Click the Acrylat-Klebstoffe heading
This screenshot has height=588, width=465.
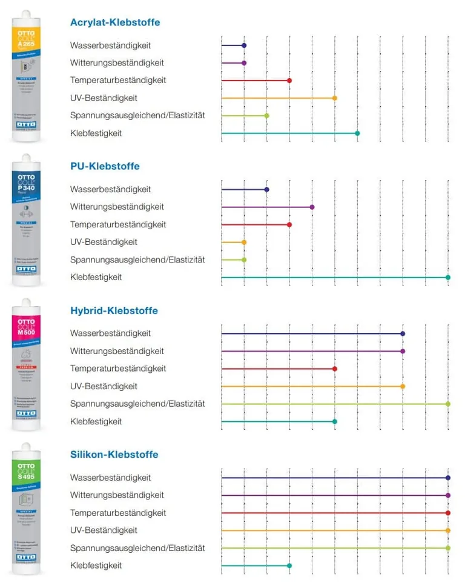click(x=115, y=22)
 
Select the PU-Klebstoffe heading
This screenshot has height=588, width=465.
click(x=105, y=166)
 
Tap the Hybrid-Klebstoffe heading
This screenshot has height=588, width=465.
click(x=114, y=310)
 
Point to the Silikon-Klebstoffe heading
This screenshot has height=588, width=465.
click(x=114, y=454)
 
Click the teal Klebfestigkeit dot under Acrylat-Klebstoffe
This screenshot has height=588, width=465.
click(x=357, y=133)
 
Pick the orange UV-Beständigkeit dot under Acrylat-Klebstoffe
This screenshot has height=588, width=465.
click(x=335, y=98)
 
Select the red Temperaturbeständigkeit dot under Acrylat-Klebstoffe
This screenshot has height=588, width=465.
click(x=289, y=81)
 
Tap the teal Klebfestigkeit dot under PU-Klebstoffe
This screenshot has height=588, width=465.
click(x=448, y=277)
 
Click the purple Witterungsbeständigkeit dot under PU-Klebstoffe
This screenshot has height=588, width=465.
click(x=312, y=207)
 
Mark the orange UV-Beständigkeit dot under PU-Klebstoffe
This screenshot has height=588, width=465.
click(x=244, y=242)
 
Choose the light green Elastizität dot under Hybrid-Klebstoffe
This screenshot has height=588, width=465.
click(x=448, y=404)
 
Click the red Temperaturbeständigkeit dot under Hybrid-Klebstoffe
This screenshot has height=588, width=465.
click(x=335, y=369)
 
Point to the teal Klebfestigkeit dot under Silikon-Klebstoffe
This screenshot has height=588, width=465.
click(x=289, y=566)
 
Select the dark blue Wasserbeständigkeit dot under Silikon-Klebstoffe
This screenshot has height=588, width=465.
click(x=448, y=478)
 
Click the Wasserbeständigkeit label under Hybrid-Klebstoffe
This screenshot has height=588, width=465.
click(x=111, y=333)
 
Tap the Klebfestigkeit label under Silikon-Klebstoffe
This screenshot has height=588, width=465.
click(x=96, y=566)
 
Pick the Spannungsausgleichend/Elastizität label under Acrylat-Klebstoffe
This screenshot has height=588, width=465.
click(x=137, y=115)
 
